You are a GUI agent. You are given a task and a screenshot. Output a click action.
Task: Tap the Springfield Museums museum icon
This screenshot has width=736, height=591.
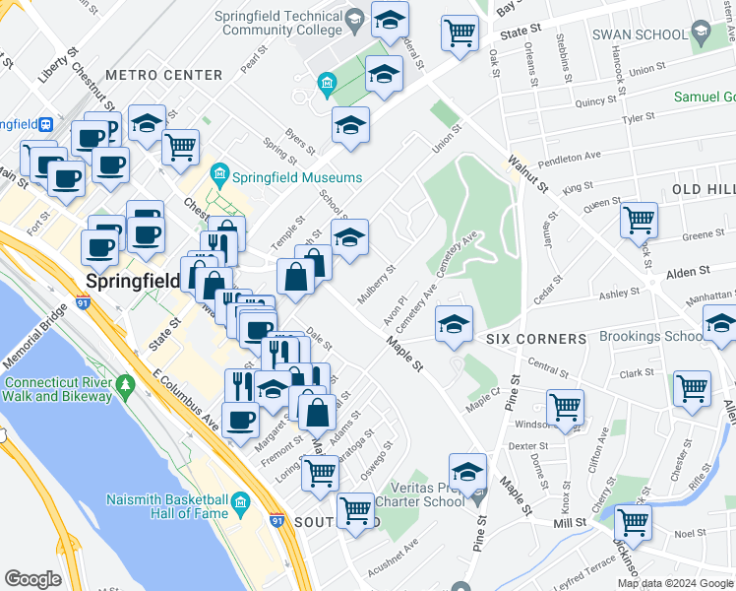point(219,177)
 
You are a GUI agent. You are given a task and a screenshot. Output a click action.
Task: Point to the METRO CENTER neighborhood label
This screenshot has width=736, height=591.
point(163,75)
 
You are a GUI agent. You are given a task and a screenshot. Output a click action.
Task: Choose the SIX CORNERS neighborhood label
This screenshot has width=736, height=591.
point(536,339)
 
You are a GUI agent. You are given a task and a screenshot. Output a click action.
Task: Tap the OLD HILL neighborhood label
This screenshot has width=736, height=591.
point(704,188)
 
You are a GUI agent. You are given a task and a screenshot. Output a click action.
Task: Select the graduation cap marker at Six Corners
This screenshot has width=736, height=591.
point(454,322)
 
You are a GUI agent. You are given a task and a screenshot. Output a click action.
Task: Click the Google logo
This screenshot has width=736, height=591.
point(32,579)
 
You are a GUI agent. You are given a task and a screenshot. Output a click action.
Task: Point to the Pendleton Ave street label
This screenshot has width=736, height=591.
point(565,157)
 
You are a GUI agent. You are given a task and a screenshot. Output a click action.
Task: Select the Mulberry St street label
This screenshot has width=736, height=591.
point(377,282)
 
